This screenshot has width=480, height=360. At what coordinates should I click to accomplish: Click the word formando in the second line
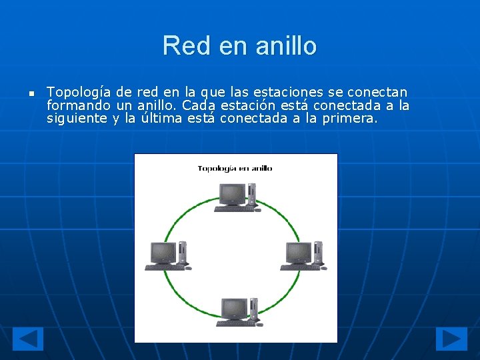tap(73, 105)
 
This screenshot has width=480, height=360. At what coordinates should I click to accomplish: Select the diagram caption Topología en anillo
tap(235, 168)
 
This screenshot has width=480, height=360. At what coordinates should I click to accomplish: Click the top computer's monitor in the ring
tap(232, 194)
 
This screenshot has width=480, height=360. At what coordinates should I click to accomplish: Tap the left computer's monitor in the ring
tap(163, 252)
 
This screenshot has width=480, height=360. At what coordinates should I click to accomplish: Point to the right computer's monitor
tap(298, 252)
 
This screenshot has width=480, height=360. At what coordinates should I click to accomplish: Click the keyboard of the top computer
tap(233, 209)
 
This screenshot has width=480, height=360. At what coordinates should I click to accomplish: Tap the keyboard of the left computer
tap(164, 268)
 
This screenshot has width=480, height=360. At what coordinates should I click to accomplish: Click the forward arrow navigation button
tap(451, 339)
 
